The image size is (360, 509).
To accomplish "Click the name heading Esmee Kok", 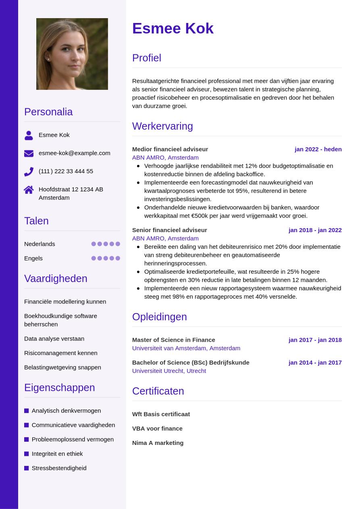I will pyautogui.click(x=173, y=29).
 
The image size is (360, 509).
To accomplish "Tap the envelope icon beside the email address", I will pyautogui.click(x=29, y=153).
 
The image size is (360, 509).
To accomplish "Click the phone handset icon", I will pyautogui.click(x=29, y=172).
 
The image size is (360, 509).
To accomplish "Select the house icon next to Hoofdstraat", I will pyautogui.click(x=29, y=190).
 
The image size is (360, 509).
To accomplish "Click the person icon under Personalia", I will pyautogui.click(x=29, y=135).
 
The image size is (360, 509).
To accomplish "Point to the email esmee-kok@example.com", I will pyautogui.click(x=74, y=153).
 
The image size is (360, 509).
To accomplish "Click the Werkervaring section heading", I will pyautogui.click(x=162, y=126).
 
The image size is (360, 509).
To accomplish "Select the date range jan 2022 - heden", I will pyautogui.click(x=318, y=149).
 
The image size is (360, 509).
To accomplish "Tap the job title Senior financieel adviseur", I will pyautogui.click(x=169, y=230).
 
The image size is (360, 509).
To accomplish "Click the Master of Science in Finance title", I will pyautogui.click(x=173, y=340).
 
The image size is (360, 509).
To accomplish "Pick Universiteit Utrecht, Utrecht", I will pyautogui.click(x=169, y=371).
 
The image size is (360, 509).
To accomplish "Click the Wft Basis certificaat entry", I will pyautogui.click(x=161, y=414).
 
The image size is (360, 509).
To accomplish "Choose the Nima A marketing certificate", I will pyautogui.click(x=158, y=443).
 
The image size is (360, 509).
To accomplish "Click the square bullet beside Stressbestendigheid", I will pyautogui.click(x=27, y=468).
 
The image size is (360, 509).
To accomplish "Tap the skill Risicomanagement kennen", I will pyautogui.click(x=60, y=353).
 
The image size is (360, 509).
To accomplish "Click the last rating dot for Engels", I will pyautogui.click(x=118, y=258).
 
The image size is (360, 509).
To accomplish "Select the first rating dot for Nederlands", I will pyautogui.click(x=94, y=244).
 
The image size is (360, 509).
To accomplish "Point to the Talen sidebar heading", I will pyautogui.click(x=36, y=221).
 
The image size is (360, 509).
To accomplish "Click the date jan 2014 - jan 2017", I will pyautogui.click(x=315, y=362).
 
